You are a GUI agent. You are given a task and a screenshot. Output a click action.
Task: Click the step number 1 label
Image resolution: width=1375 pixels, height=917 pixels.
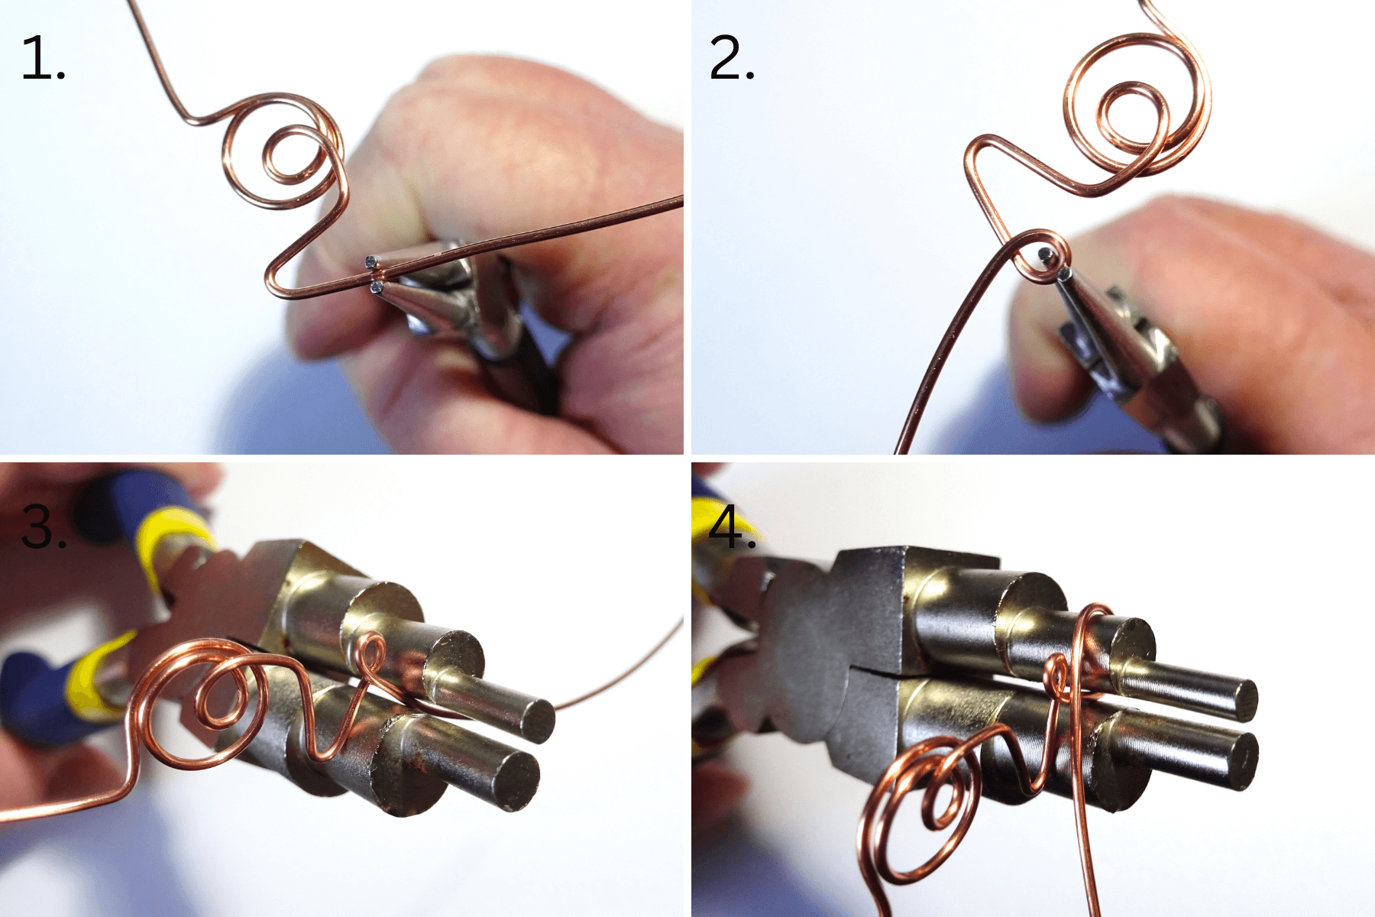(42, 58)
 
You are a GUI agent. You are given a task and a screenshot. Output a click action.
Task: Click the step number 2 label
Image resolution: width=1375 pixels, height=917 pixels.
(731, 58)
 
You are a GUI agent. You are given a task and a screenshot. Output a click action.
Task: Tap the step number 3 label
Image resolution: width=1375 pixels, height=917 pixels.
(43, 527)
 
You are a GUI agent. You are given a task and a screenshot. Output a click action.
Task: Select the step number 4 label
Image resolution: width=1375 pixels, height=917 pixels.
(731, 527)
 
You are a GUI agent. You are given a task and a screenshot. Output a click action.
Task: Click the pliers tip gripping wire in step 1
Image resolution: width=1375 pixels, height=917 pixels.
(374, 275)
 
